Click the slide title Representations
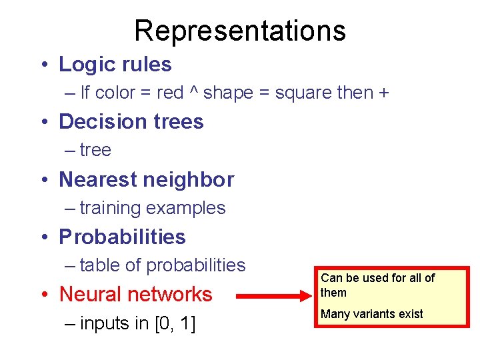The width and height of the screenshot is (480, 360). (240, 30)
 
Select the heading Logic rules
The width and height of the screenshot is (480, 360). (115, 64)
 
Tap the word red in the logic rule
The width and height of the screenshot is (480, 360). (170, 93)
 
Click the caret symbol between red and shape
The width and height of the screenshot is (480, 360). (193, 91)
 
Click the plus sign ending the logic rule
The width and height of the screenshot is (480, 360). (383, 93)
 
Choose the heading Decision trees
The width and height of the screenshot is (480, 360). (131, 121)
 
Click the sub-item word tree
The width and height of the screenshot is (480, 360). (95, 150)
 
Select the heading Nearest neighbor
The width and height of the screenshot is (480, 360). (146, 179)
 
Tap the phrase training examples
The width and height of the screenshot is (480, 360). (152, 208)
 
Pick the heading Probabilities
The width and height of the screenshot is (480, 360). (122, 237)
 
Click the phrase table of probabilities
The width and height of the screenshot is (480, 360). (162, 265)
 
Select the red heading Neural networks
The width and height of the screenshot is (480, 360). (135, 294)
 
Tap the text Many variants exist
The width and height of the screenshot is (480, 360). (372, 314)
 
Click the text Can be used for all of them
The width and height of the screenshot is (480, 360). (377, 285)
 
